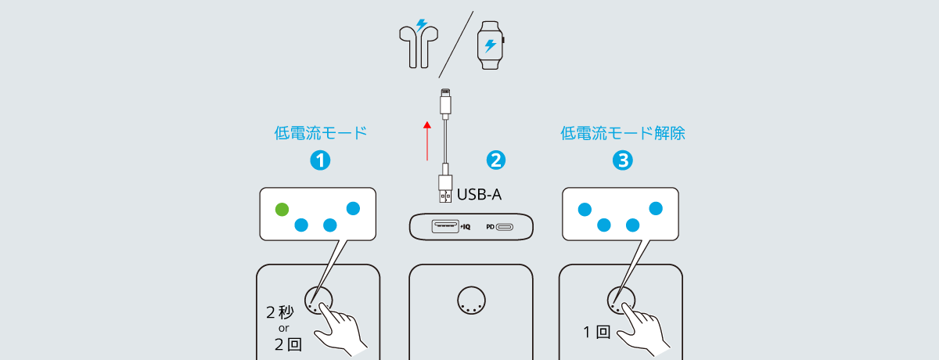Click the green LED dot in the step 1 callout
click(282, 209)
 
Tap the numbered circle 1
click(319, 160)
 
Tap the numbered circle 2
click(495, 160)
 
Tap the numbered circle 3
click(622, 160)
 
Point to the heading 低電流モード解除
click(623, 133)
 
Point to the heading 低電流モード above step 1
click(320, 133)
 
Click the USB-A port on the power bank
click(444, 226)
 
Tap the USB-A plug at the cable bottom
click(444, 187)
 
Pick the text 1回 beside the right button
click(596, 331)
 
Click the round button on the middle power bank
click(471, 299)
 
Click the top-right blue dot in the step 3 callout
click(656, 208)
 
